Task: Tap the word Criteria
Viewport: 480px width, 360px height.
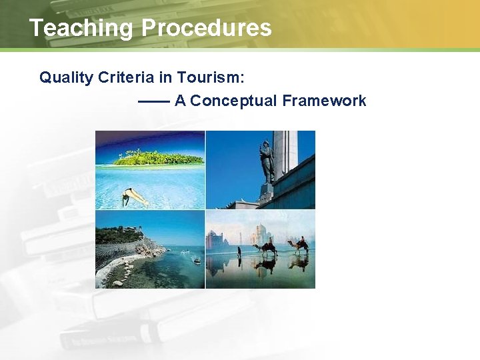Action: (126, 77)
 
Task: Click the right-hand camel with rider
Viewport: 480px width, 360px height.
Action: (299, 245)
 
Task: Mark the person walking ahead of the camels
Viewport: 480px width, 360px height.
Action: (239, 252)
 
